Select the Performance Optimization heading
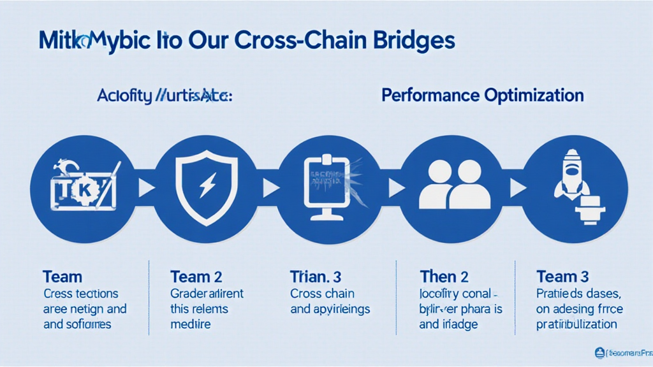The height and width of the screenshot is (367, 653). click(x=482, y=96)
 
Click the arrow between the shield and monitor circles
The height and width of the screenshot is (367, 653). click(x=270, y=188)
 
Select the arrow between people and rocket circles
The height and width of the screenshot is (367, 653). click(x=518, y=188)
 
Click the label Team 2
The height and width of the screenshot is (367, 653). click(x=196, y=277)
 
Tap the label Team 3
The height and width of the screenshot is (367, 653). click(x=562, y=277)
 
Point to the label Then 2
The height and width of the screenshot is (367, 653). click(x=444, y=277)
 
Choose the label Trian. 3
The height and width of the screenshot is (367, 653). click(x=316, y=277)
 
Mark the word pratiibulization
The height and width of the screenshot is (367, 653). click(x=576, y=324)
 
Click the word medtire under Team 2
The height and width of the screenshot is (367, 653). click(x=191, y=324)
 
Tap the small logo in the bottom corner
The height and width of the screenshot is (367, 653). click(x=599, y=352)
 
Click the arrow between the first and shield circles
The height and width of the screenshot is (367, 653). click(x=146, y=188)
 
